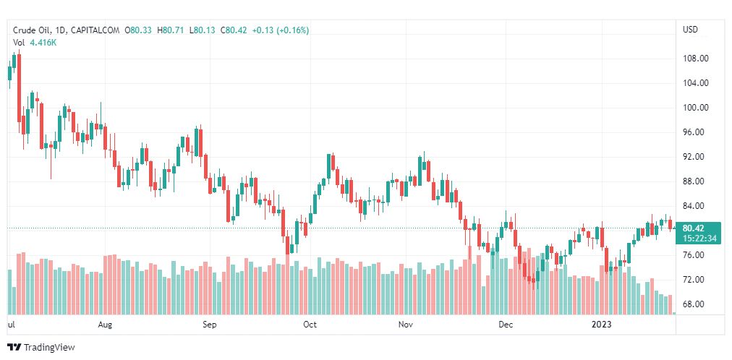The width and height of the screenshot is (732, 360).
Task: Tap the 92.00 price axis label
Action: click(x=696, y=157)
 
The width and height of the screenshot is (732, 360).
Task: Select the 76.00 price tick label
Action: click(x=696, y=255)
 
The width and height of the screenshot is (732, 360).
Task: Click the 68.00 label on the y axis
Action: click(x=696, y=304)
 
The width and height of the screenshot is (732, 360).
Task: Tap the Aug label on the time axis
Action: click(x=105, y=325)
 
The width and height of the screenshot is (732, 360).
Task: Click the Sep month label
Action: click(x=209, y=325)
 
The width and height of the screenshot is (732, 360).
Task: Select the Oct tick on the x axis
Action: click(x=310, y=325)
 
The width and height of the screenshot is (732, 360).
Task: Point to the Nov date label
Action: click(x=406, y=325)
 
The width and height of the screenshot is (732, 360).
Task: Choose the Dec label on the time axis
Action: click(x=506, y=325)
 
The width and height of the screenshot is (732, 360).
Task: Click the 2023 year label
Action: click(x=602, y=325)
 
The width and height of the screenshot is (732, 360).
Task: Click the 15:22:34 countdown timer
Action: click(x=699, y=238)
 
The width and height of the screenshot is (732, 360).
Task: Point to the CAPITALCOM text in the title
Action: click(x=97, y=30)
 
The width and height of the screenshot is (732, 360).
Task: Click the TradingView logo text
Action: click(x=49, y=348)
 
